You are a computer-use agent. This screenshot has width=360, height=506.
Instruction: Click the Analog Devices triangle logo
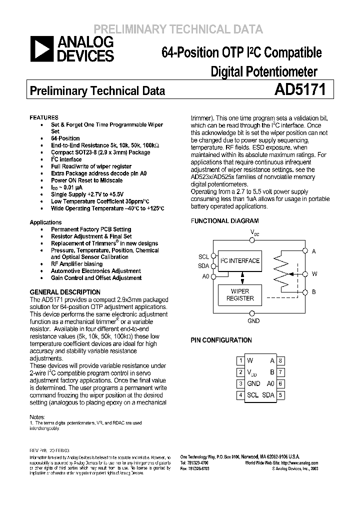click(x=41, y=49)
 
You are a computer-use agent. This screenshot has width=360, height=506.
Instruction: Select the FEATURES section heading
click(x=44, y=117)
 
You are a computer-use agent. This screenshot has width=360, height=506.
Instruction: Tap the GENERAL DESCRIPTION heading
click(x=65, y=292)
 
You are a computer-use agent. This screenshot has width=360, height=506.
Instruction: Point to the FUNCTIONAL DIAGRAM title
click(x=224, y=220)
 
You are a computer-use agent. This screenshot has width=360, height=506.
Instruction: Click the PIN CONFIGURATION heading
click(x=221, y=340)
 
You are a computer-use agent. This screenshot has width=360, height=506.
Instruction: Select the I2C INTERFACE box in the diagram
click(x=240, y=261)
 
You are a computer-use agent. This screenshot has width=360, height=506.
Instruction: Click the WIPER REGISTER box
click(x=240, y=294)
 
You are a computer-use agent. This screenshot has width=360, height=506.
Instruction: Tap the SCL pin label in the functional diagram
click(x=203, y=257)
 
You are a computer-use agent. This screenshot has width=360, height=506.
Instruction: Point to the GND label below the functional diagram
click(x=253, y=320)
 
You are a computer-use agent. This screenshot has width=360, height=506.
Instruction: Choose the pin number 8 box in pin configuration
click(x=281, y=360)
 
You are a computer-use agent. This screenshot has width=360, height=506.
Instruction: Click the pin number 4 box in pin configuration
click(x=240, y=395)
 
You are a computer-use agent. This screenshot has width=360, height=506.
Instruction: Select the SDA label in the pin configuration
click(x=268, y=395)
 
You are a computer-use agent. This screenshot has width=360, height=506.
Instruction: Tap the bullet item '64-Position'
click(x=65, y=138)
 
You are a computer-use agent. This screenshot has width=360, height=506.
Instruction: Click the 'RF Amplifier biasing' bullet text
click(x=76, y=264)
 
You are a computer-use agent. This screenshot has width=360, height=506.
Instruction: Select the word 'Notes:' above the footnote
click(x=37, y=416)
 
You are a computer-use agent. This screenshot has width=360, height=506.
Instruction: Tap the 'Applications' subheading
click(x=46, y=222)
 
